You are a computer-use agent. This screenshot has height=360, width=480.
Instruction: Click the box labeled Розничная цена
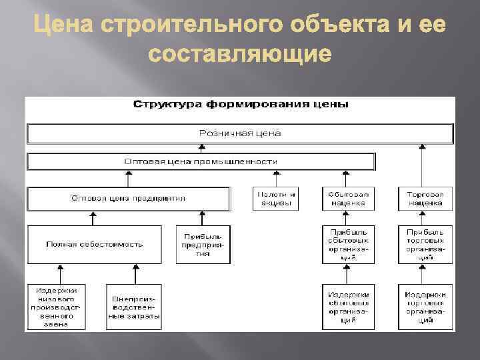pos(240,133)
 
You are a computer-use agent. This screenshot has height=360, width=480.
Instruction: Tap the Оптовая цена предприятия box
pos(128,199)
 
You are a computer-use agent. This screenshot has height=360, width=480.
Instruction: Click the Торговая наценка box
pos(425,199)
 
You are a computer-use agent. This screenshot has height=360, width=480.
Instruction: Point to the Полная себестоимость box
pos(95,244)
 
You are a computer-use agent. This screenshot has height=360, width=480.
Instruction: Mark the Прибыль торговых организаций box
pos(425,244)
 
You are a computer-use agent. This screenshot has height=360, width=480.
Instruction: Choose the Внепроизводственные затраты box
pos(133,307)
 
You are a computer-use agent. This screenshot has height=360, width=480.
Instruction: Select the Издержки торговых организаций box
pos(425,307)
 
